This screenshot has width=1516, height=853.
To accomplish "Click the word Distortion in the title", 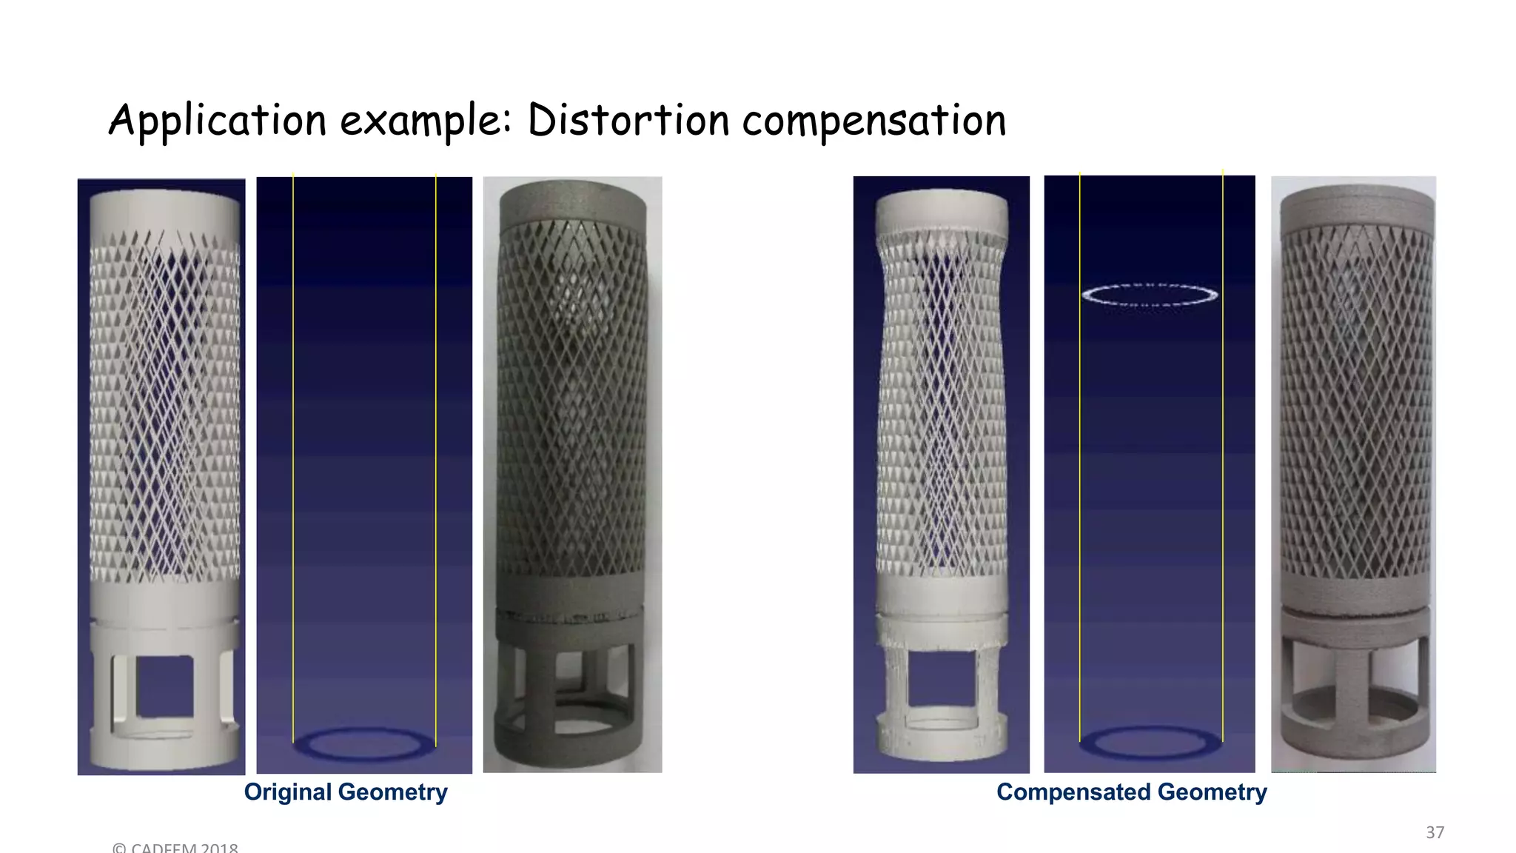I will pyautogui.click(x=628, y=121).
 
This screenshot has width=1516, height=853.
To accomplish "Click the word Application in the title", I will pyautogui.click(x=217, y=121).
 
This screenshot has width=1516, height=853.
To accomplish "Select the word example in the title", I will pyautogui.click(x=424, y=121).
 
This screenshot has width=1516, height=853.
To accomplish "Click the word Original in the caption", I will pyautogui.click(x=287, y=792).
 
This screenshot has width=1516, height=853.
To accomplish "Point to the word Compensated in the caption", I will pyautogui.click(x=1073, y=792).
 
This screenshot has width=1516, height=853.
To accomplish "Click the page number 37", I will pyautogui.click(x=1435, y=832).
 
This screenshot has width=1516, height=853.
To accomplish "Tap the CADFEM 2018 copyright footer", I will pyautogui.click(x=175, y=847).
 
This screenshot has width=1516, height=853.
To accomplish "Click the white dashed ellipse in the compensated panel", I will pyautogui.click(x=1150, y=295).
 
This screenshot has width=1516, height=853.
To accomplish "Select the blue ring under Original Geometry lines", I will pyautogui.click(x=364, y=744).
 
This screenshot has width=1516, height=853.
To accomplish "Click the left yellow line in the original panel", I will pyautogui.click(x=293, y=459).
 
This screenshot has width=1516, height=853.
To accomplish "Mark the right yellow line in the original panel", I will pyautogui.click(x=436, y=459).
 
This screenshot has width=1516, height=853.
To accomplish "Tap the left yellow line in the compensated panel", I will pyautogui.click(x=1080, y=459).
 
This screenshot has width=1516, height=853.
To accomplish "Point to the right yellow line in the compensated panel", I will pyautogui.click(x=1223, y=459).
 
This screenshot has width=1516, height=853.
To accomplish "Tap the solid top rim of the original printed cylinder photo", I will pyautogui.click(x=572, y=200).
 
